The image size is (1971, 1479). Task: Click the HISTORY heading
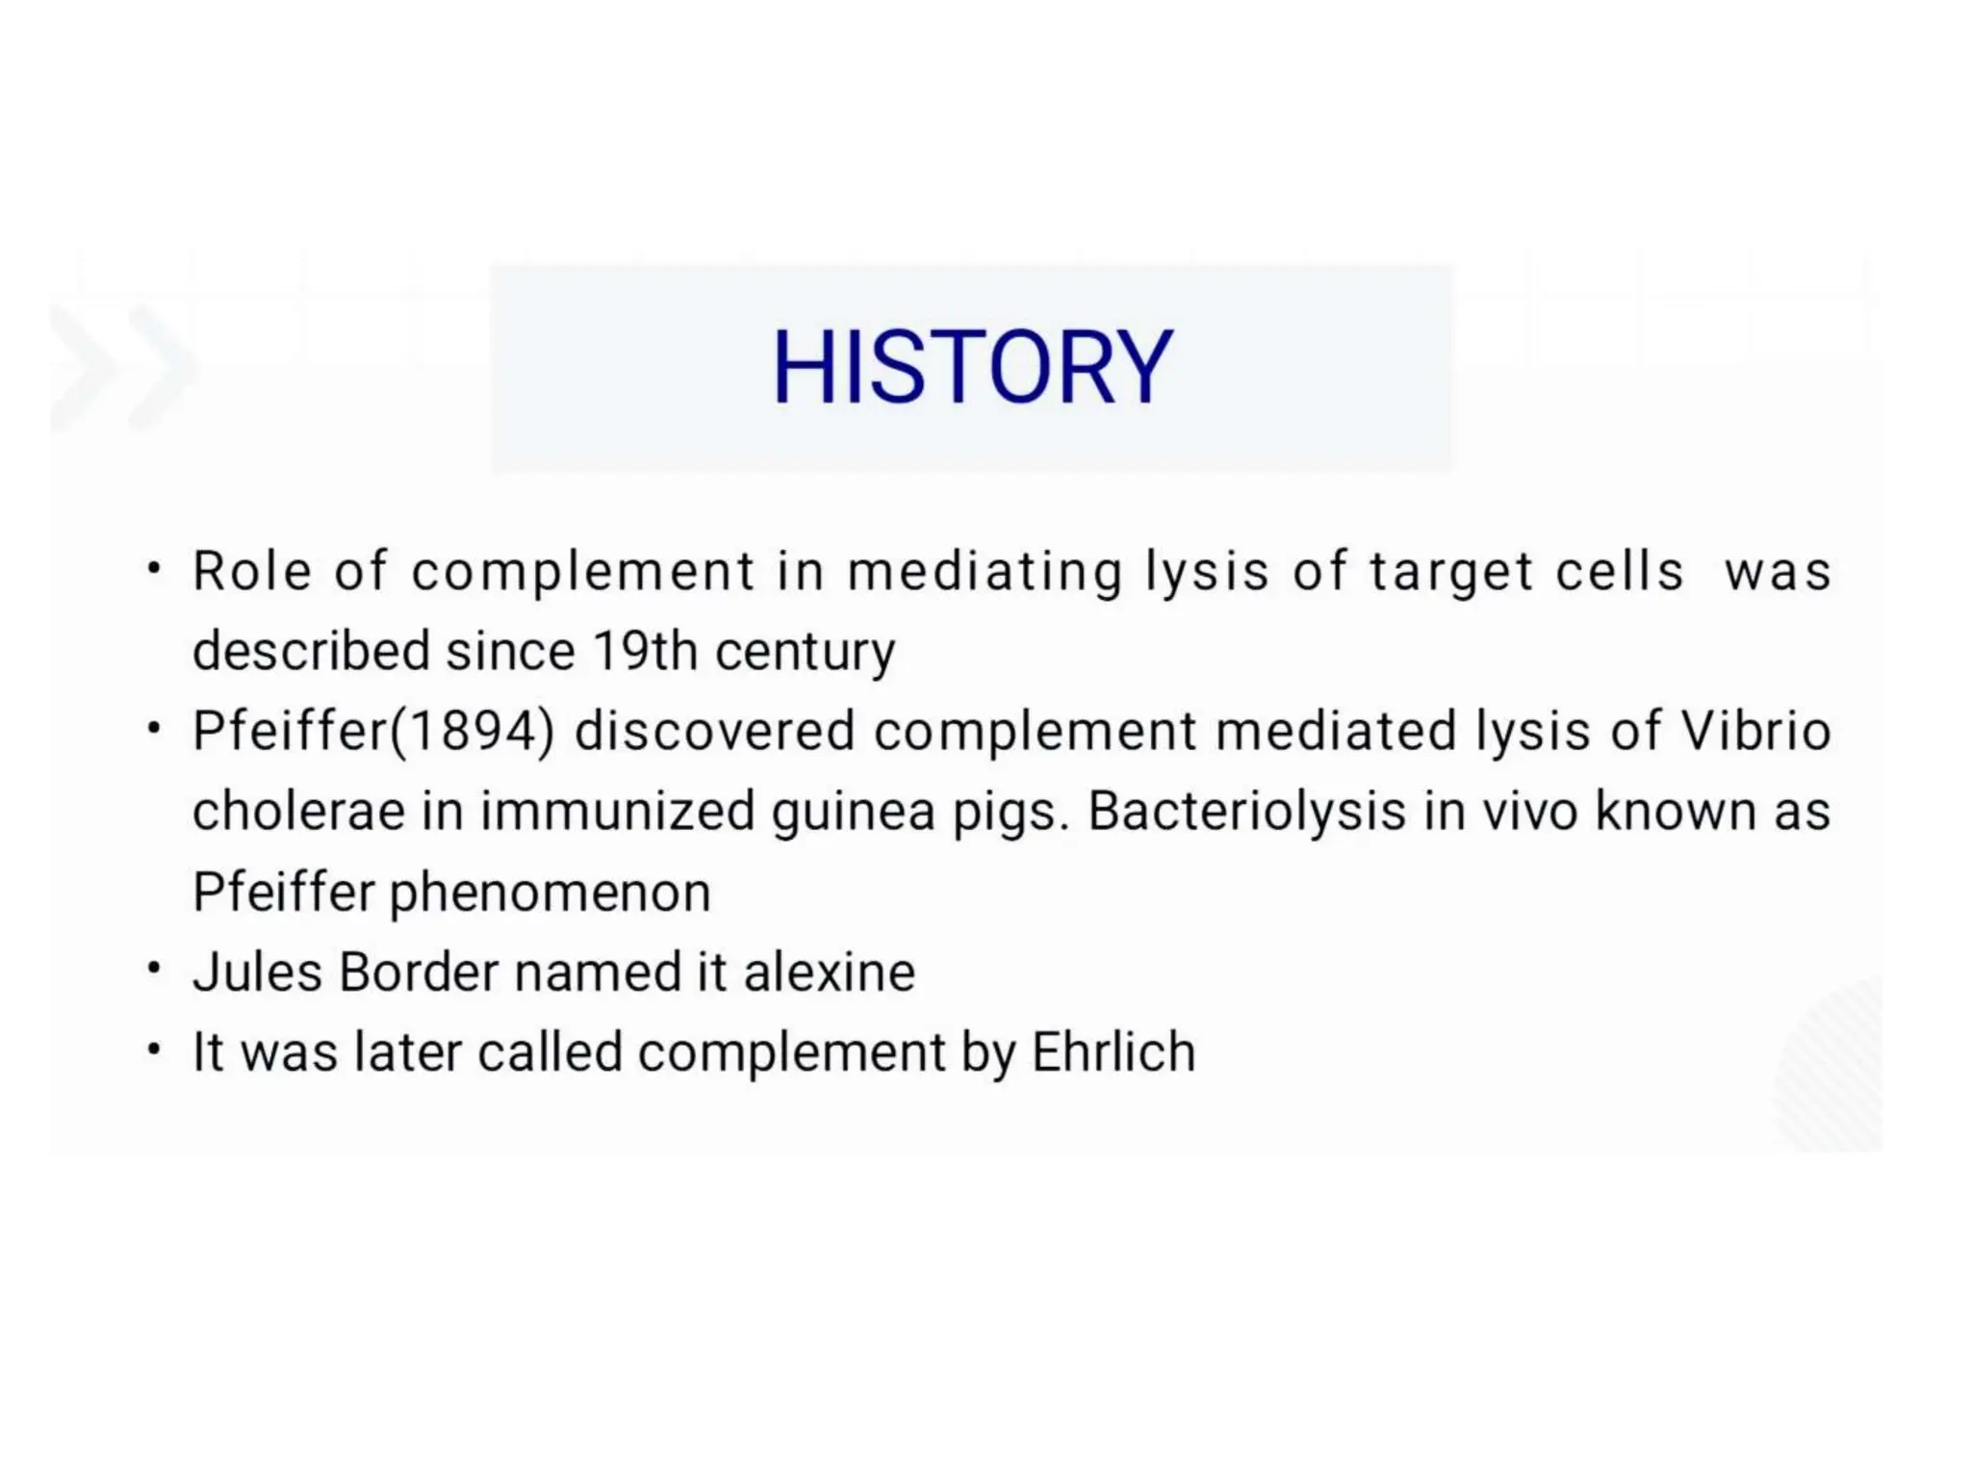coord(972,368)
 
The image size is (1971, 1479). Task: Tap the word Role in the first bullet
coord(251,571)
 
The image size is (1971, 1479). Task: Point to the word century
coord(805,653)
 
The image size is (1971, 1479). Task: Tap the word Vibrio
coord(1755,731)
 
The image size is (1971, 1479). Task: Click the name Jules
coord(257,972)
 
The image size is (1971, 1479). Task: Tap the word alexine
coord(829,972)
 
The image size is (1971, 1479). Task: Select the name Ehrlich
coord(1113,1051)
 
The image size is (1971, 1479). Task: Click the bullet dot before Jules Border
coord(154,968)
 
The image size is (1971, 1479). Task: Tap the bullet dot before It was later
coord(154,1049)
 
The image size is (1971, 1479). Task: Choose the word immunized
coord(617,811)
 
